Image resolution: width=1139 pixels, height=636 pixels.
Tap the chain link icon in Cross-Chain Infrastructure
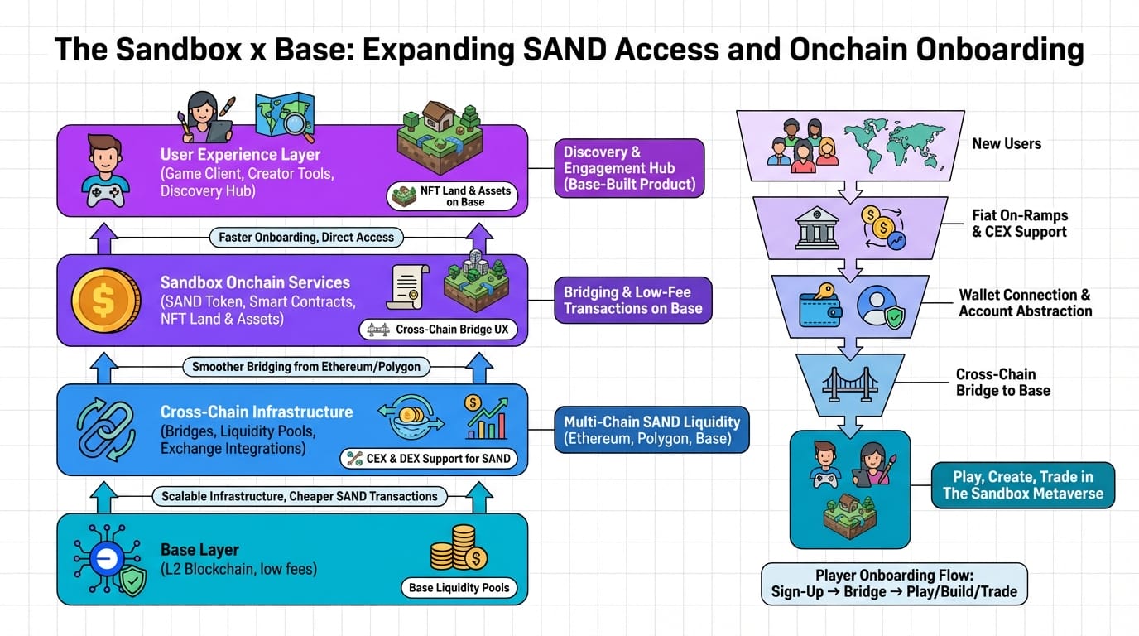104,429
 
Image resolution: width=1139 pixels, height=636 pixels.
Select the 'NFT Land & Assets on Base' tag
454,196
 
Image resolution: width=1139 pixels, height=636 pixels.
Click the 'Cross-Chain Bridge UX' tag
439,330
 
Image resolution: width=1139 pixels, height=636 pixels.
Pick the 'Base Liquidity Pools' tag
459,588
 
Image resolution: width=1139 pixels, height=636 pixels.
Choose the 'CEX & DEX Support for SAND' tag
429,458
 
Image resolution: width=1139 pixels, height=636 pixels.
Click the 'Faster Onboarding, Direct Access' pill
306,238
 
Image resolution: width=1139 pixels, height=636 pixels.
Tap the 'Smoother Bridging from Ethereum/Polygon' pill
306,367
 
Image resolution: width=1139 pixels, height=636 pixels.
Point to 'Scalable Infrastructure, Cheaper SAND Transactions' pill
299,497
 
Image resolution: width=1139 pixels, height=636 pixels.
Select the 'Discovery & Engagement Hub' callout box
629,168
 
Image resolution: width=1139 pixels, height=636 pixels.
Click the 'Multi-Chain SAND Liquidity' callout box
651,429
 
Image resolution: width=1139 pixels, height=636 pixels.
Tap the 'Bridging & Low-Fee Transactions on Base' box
632,300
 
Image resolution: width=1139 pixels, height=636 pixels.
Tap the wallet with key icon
819,306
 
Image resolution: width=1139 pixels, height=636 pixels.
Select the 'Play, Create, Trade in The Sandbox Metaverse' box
1022,485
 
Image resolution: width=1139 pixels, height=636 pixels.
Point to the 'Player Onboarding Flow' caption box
894,584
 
